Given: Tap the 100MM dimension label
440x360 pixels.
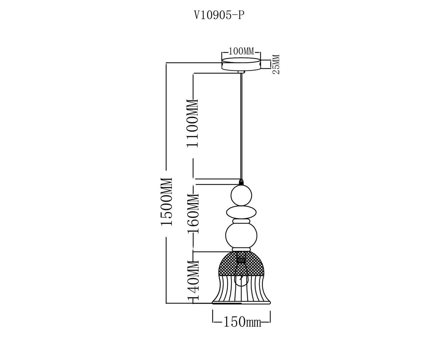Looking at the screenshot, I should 241,51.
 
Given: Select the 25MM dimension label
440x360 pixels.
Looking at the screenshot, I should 276,64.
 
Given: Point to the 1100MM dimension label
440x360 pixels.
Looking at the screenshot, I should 192,123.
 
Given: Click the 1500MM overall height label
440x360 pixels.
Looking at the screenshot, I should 167,201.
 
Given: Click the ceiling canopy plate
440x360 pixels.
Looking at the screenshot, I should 241,64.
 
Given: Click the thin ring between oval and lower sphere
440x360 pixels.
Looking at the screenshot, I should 241,221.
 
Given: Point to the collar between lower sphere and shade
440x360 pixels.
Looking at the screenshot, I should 241,249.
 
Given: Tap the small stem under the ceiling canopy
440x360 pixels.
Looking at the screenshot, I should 241,72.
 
